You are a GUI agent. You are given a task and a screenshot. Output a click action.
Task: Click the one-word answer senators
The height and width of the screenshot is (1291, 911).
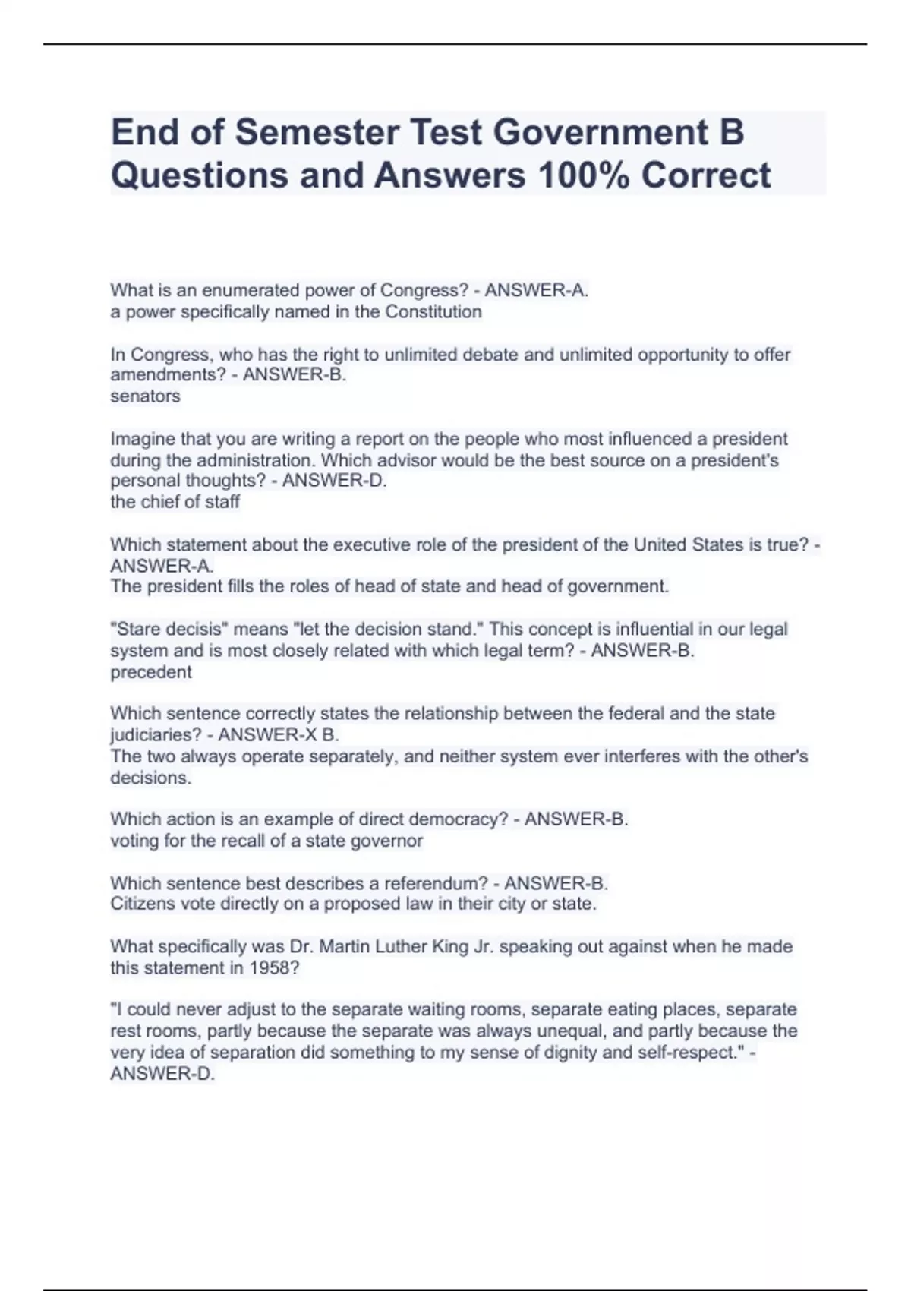click(x=145, y=396)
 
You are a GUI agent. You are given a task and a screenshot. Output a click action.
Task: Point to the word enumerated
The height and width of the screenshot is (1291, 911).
click(x=250, y=291)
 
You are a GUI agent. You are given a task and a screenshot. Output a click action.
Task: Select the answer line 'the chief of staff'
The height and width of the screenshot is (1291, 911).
click(x=175, y=502)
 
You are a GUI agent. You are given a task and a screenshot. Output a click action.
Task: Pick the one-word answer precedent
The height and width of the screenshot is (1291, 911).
click(x=151, y=672)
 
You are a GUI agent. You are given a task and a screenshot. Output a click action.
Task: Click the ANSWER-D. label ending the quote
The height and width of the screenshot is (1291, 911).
click(x=162, y=1074)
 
